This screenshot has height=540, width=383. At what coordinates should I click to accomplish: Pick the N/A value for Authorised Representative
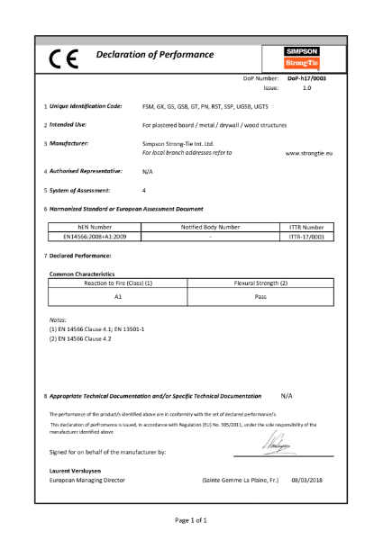click(x=148, y=170)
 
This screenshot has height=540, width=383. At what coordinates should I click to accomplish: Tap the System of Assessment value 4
click(x=144, y=189)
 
